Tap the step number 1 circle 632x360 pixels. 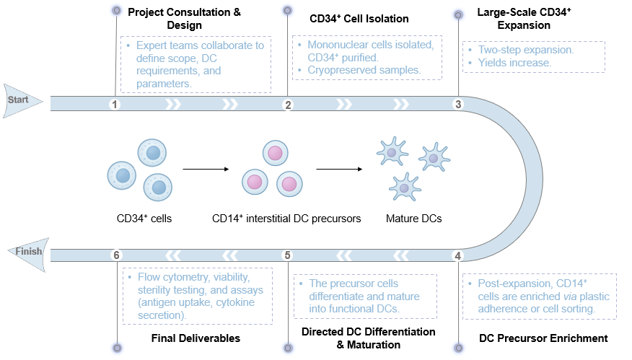pos(115,105)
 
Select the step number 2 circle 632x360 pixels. pos(288,105)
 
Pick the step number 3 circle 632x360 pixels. pos(457,105)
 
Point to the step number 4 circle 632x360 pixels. pos(457,255)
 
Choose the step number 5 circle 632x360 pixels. pos(288,255)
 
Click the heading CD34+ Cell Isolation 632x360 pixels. pos(359,18)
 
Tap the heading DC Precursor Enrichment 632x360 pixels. pos(543,338)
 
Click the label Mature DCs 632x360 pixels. pos(413,218)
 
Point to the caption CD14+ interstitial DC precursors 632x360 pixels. pos(286,218)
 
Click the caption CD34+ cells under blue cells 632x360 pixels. pos(144,218)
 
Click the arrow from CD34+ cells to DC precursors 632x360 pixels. pos(206,170)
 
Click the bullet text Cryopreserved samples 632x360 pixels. pos(364,70)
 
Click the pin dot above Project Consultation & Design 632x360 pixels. pos(116,10)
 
